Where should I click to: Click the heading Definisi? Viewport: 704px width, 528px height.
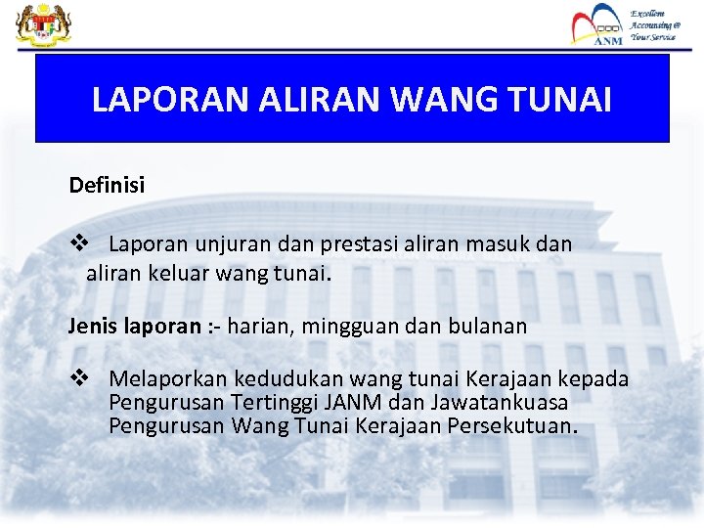click(x=107, y=185)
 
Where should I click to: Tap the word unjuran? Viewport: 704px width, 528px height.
click(x=231, y=243)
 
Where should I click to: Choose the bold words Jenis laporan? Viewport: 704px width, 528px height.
click(x=134, y=326)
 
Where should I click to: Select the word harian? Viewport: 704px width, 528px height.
click(x=260, y=326)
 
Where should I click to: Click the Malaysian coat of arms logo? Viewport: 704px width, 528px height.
click(x=37, y=23)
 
